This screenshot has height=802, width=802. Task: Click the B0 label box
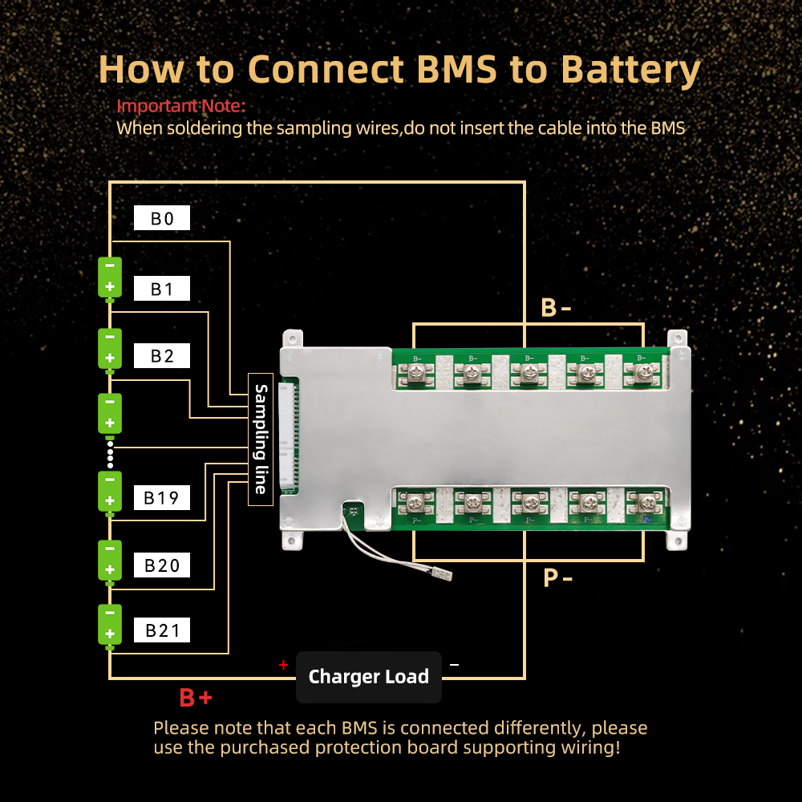162,219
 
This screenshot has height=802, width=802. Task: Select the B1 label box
162,289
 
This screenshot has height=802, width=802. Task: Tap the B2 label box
162,355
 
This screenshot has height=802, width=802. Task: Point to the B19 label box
161,498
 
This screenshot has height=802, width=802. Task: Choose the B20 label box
162,565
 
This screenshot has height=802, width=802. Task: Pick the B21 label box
163,630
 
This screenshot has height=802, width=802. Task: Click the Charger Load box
368,677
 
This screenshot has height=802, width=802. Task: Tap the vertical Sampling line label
261,439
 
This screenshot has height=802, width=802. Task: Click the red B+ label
196,698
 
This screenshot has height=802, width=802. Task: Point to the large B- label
557,307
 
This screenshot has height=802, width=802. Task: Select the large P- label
557,577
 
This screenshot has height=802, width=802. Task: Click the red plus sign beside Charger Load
282,665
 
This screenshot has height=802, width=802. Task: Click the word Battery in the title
630,69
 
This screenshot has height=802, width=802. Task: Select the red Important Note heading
181,106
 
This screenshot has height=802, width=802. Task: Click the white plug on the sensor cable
439,575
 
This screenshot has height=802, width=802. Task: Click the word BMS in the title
448,69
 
